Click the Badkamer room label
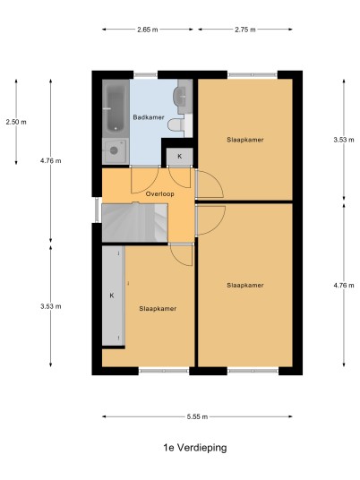[149, 117]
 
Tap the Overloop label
[159, 194]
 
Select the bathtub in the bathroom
[116, 107]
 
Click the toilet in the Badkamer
[176, 124]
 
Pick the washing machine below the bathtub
[116, 150]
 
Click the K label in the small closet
[180, 157]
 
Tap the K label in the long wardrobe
[112, 296]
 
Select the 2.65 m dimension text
[148, 30]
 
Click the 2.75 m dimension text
[245, 30]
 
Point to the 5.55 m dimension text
[197, 416]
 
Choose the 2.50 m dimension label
[16, 122]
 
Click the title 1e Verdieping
[195, 448]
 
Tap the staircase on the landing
[134, 223]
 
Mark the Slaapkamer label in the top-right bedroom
[245, 140]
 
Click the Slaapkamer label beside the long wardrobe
[158, 309]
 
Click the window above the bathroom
[145, 74]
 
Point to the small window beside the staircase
[97, 210]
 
